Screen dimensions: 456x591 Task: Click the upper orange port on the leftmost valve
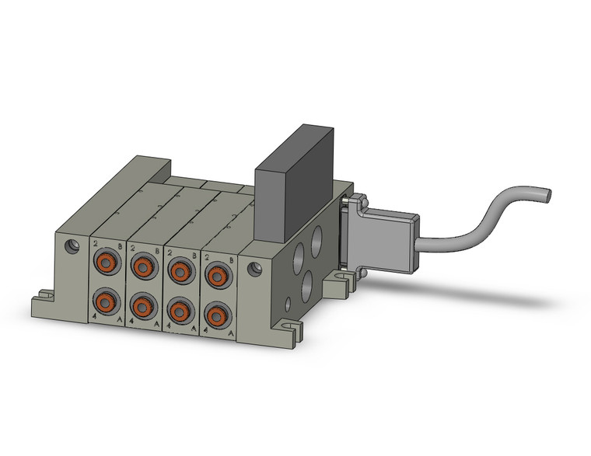click(104, 265)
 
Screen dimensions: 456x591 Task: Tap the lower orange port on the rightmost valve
click(215, 314)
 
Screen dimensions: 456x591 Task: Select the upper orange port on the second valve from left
click(142, 268)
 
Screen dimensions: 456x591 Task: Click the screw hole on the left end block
click(72, 247)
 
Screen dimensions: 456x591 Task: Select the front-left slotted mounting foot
click(43, 298)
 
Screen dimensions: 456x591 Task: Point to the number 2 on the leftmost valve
click(96, 242)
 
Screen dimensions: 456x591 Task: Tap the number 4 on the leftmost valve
click(94, 317)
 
